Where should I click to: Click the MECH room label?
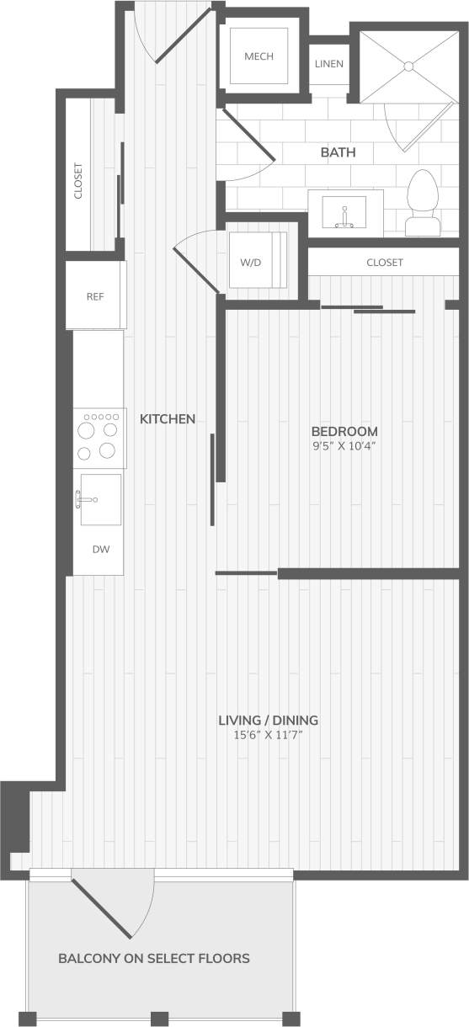pyautogui.click(x=259, y=56)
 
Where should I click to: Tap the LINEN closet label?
pyautogui.click(x=328, y=64)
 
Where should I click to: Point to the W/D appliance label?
pyautogui.click(x=251, y=262)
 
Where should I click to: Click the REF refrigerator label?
pyautogui.click(x=94, y=296)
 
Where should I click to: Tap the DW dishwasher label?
pyautogui.click(x=101, y=550)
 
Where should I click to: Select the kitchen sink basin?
pyautogui.click(x=100, y=499)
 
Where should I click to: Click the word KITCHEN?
pyautogui.click(x=168, y=418)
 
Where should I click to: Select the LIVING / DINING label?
pyautogui.click(x=268, y=721)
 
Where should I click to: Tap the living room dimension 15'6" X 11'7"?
pyautogui.click(x=268, y=737)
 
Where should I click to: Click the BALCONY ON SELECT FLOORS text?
pyautogui.click(x=154, y=958)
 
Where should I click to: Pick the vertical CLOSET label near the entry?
pyautogui.click(x=78, y=180)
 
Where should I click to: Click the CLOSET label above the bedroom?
pyautogui.click(x=385, y=263)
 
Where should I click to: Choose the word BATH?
pyautogui.click(x=338, y=153)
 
